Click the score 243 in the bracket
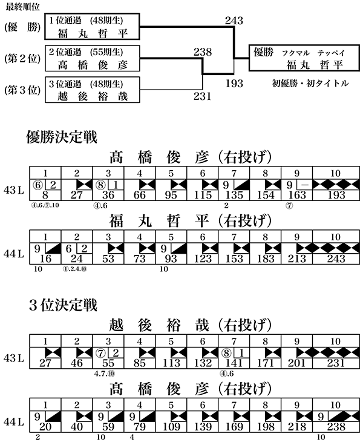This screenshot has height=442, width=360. click(234, 21)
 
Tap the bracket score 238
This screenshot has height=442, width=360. click(203, 52)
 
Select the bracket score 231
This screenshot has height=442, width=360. click(202, 96)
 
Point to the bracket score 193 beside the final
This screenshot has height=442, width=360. click(234, 84)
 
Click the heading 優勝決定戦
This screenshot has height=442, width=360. click(62, 137)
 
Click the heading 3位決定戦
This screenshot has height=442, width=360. click(63, 305)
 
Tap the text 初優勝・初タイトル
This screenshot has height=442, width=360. click(310, 84)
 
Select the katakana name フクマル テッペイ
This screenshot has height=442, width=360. click(313, 53)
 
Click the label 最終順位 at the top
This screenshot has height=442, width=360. click(22, 7)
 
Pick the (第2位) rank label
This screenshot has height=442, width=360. click(22, 59)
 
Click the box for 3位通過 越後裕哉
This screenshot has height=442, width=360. click(93, 90)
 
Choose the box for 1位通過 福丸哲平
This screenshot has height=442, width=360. click(93, 26)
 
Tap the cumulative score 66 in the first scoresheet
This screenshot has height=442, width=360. click(139, 195)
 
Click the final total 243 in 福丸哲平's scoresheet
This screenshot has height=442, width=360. click(336, 259)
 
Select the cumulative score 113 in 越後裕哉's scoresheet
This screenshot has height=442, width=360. click(171, 363)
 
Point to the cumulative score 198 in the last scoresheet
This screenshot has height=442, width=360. click(266, 427)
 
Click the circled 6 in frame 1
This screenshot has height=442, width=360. click(38, 185)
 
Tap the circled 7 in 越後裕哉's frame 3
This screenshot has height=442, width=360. click(101, 354)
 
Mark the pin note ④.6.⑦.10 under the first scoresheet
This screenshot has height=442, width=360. click(45, 205)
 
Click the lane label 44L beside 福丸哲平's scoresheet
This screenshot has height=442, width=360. click(14, 254)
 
